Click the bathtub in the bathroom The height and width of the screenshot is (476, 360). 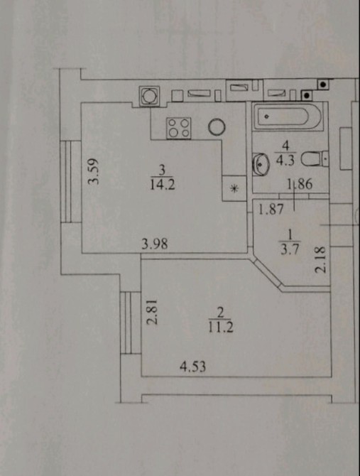(288, 117)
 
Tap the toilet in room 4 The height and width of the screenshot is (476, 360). (315, 158)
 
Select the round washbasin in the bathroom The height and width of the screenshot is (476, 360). (261, 164)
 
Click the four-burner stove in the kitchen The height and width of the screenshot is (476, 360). (179, 128)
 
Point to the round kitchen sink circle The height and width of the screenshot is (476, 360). (217, 127)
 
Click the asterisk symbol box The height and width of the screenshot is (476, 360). (234, 188)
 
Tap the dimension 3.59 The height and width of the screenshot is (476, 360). (94, 171)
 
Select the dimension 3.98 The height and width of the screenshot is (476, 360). (155, 244)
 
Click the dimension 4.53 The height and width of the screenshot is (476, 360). (193, 367)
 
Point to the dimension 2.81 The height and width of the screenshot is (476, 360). (153, 313)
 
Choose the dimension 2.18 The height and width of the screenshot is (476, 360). (320, 259)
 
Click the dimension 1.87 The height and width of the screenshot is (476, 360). (271, 209)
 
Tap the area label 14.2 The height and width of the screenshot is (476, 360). (163, 184)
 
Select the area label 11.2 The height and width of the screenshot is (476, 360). (221, 327)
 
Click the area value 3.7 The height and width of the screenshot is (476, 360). (290, 249)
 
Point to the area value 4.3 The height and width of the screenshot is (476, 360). (285, 160)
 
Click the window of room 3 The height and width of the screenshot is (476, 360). (71, 181)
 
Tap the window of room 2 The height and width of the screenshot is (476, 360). (131, 323)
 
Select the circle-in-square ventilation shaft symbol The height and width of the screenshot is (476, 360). (149, 96)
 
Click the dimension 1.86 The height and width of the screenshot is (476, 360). (300, 184)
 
